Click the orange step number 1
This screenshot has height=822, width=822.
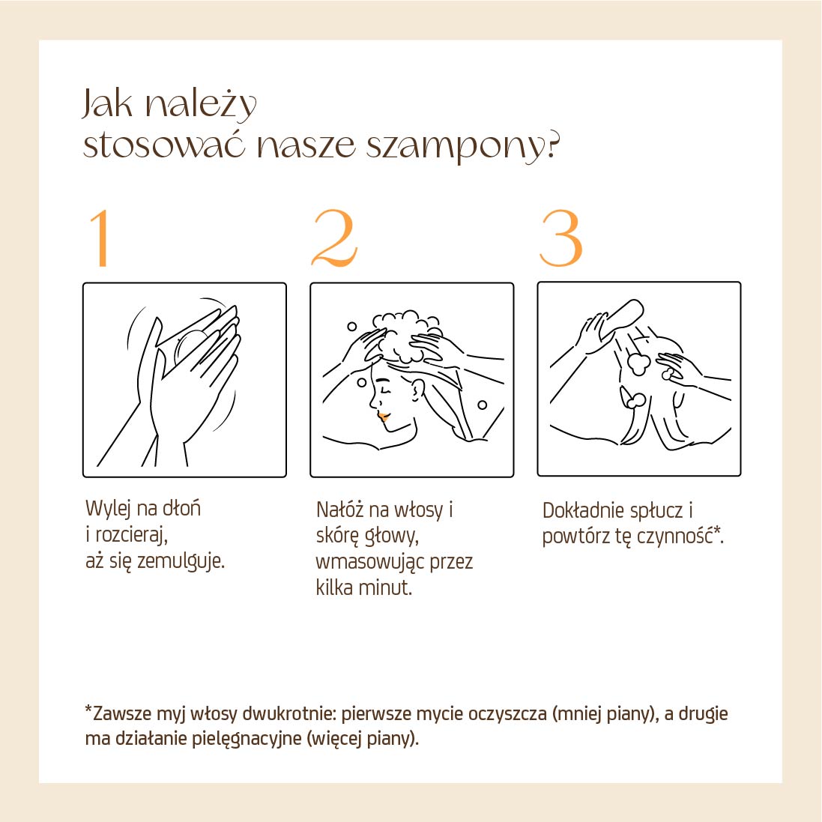point(100,238)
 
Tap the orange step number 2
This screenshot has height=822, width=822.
point(334,238)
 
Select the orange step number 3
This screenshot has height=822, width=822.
point(561,238)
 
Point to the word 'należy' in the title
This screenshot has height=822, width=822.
point(200,105)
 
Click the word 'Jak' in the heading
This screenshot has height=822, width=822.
point(107,103)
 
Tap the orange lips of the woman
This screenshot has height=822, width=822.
point(384,417)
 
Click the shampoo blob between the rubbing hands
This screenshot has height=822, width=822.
point(189,348)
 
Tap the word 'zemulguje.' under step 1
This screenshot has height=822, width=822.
point(181,562)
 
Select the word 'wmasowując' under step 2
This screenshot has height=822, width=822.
point(369,562)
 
